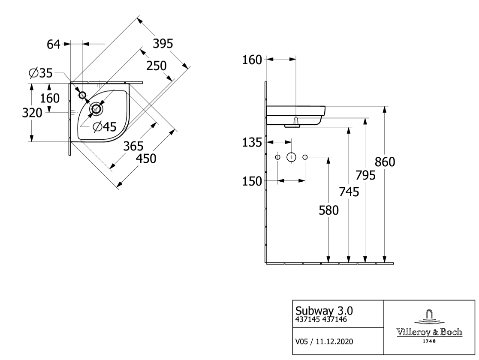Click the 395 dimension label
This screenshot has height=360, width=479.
click(163, 44)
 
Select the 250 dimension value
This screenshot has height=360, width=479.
click(157, 66)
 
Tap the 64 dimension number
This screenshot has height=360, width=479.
click(54, 45)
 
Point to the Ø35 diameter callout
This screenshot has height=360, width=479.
click(41, 73)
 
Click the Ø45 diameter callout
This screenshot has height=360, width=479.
click(105, 126)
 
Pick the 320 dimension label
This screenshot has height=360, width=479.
click(32, 113)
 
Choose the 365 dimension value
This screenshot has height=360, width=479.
click(133, 146)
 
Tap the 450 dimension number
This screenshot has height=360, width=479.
click(146, 159)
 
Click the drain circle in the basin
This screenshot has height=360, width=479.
click(96, 108)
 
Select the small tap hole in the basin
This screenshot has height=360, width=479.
click(82, 95)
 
